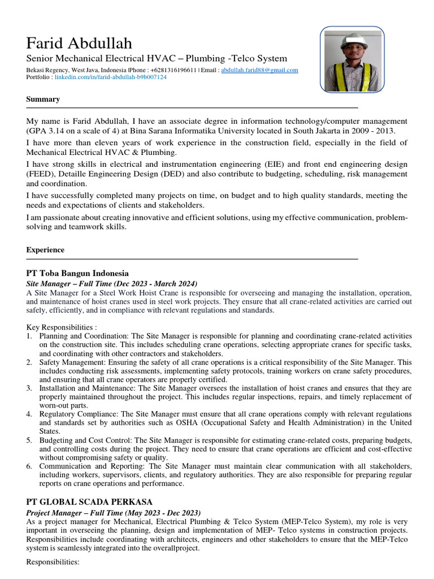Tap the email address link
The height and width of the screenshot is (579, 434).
point(259,70)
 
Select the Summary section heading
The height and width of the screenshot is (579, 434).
point(43,99)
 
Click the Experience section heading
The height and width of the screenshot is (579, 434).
point(45,250)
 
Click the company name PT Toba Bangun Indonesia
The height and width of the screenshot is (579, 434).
point(77,273)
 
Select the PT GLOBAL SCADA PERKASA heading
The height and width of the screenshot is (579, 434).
point(89,502)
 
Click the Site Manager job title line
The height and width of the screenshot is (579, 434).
point(112,283)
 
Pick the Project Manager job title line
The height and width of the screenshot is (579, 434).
point(114,512)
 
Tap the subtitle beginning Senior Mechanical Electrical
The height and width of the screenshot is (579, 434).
point(157,59)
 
